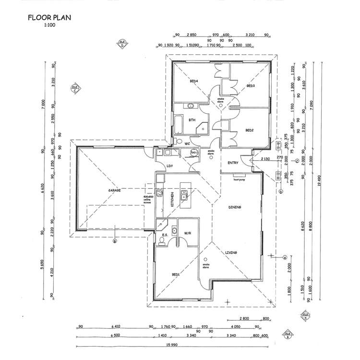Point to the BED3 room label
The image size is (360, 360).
(x=250, y=86)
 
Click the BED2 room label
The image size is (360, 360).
(x=249, y=130)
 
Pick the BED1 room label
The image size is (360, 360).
(x=176, y=274)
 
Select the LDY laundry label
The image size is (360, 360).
(x=170, y=166)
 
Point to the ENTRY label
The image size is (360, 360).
(x=233, y=163)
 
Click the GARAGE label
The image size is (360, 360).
(x=114, y=191)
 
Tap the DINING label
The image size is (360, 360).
(x=234, y=207)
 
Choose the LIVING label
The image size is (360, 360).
(x=232, y=252)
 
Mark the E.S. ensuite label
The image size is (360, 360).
(x=165, y=235)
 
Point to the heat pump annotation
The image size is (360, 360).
(x=240, y=180)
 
